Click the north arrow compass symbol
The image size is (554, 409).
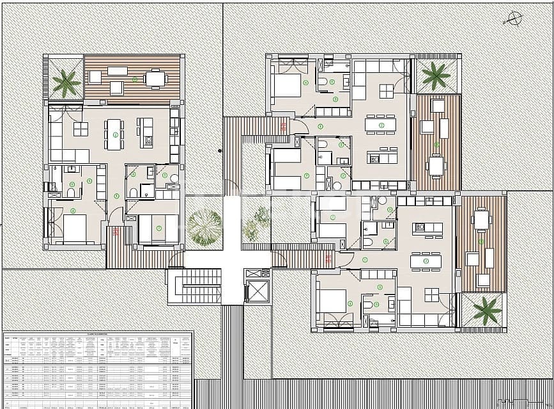[x=514, y=18]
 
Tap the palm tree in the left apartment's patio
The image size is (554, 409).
[x=65, y=82]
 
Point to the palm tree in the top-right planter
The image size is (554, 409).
[x=436, y=75]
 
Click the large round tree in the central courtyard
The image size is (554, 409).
[x=204, y=227]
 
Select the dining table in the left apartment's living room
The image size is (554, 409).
[x=114, y=132]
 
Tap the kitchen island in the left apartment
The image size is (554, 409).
[x=147, y=132]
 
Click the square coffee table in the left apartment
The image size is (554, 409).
[x=81, y=129]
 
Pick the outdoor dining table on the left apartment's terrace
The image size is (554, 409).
[x=155, y=78]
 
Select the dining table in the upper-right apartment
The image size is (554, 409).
[x=380, y=125]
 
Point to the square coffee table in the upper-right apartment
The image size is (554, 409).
[x=387, y=90]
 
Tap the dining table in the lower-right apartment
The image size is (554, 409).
[x=426, y=261]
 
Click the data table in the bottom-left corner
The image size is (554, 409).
[x=96, y=369]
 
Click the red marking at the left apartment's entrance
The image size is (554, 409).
[x=116, y=232]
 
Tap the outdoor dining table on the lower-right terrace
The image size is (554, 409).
[x=482, y=220]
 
